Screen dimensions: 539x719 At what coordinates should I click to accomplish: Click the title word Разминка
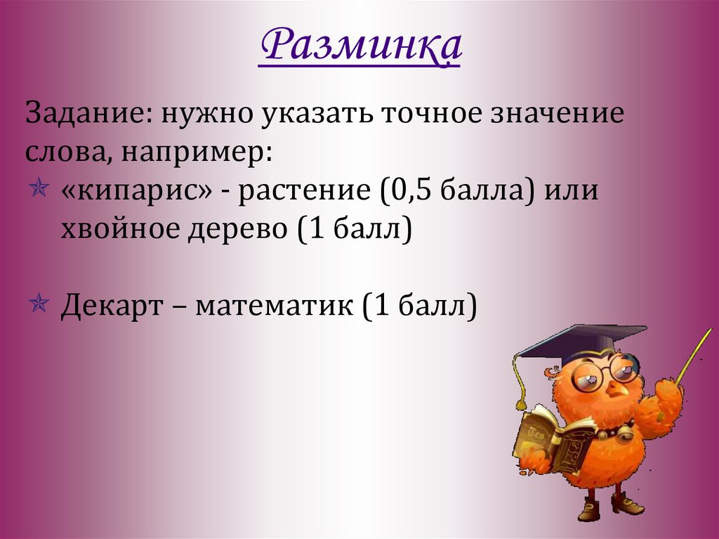(x=359, y=46)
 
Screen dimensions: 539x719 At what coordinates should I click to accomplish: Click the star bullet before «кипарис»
(x=40, y=189)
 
